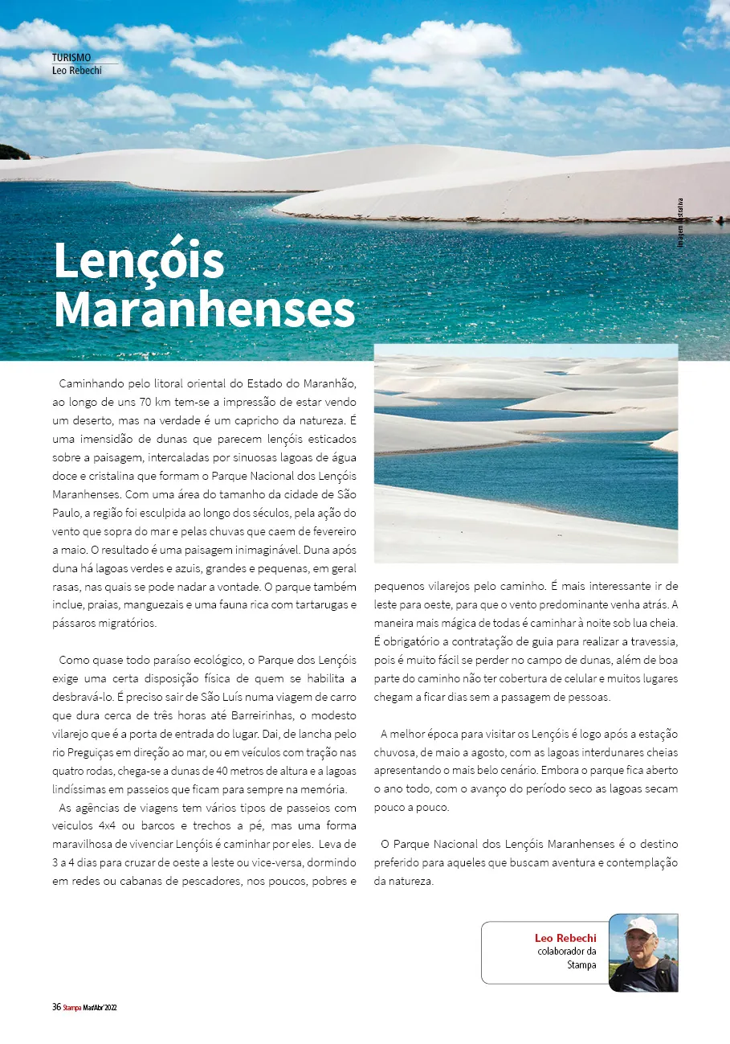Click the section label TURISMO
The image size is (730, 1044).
71,57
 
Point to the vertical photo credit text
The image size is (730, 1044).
680,222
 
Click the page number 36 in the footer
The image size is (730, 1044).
56,1006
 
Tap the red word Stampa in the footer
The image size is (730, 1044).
72,1007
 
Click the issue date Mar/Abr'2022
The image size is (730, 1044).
100,1007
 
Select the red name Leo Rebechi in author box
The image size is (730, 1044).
565,938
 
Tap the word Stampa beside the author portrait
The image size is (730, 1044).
581,964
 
